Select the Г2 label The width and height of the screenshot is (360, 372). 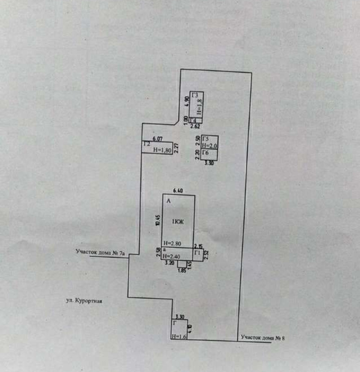[146, 144]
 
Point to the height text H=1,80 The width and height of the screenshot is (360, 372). [162, 150]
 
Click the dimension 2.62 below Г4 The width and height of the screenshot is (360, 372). [195, 127]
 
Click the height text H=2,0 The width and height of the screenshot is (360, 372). [209, 146]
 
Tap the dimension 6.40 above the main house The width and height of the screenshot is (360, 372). [179, 191]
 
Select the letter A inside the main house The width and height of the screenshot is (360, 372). [168, 201]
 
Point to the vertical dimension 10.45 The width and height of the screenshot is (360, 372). [157, 220]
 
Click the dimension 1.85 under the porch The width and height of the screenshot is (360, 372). [182, 270]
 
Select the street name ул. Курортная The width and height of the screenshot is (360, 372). [84, 301]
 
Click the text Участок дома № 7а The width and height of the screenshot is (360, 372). [100, 252]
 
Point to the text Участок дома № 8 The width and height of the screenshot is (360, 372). [263, 338]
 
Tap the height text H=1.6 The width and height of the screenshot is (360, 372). [179, 336]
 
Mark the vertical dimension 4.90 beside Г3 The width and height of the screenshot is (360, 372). [187, 100]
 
